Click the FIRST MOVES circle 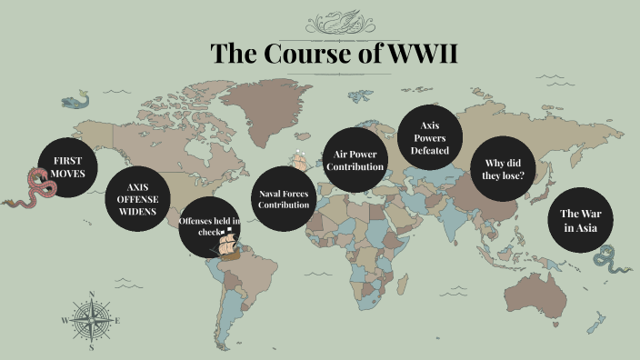68,167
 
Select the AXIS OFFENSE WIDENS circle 137,199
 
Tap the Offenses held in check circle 209,225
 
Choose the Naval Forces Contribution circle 284,198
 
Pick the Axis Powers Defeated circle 430,138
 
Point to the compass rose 91,320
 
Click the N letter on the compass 91,294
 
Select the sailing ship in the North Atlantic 299,161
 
